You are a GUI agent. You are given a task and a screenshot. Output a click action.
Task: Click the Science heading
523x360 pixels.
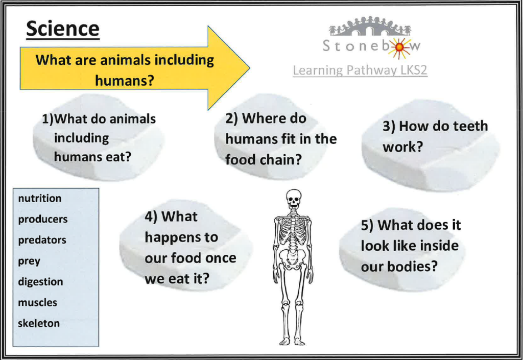(63, 29)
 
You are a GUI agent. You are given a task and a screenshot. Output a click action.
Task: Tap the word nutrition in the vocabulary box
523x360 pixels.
(40, 198)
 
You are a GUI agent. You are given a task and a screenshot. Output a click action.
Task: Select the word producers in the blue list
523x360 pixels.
(43, 220)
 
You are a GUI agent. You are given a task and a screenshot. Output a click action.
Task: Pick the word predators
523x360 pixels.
(42, 240)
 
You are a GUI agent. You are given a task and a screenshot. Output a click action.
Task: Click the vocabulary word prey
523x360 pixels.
(29, 261)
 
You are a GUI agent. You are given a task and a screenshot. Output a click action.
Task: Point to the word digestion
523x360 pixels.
(40, 282)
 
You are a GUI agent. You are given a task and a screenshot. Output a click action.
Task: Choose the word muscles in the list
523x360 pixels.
(37, 303)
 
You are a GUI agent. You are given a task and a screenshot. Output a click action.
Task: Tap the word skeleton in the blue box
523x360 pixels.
(39, 323)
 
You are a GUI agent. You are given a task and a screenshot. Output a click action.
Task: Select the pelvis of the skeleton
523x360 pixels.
(293, 259)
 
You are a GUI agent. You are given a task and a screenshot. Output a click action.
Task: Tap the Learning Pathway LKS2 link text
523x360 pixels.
(360, 70)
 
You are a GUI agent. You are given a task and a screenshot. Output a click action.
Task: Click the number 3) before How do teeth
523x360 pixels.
(389, 127)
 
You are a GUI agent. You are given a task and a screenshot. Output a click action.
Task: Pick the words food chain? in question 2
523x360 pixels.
(264, 160)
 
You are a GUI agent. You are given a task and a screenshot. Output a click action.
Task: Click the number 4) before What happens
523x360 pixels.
(151, 217)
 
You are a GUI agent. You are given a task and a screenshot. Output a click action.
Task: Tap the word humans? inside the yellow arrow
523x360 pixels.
(125, 80)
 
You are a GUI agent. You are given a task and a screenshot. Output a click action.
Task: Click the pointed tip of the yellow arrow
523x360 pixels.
(249, 68)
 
